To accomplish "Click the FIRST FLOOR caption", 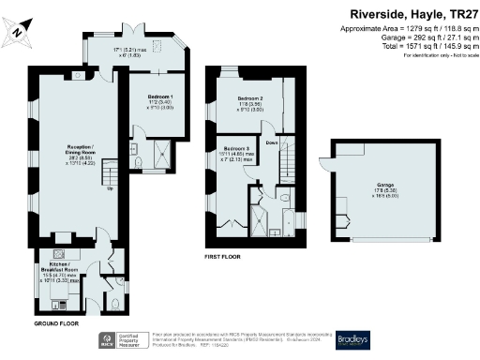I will tap(225, 255).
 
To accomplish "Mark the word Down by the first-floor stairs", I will tap(271, 142).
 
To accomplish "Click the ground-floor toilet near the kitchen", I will tap(113, 304).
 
